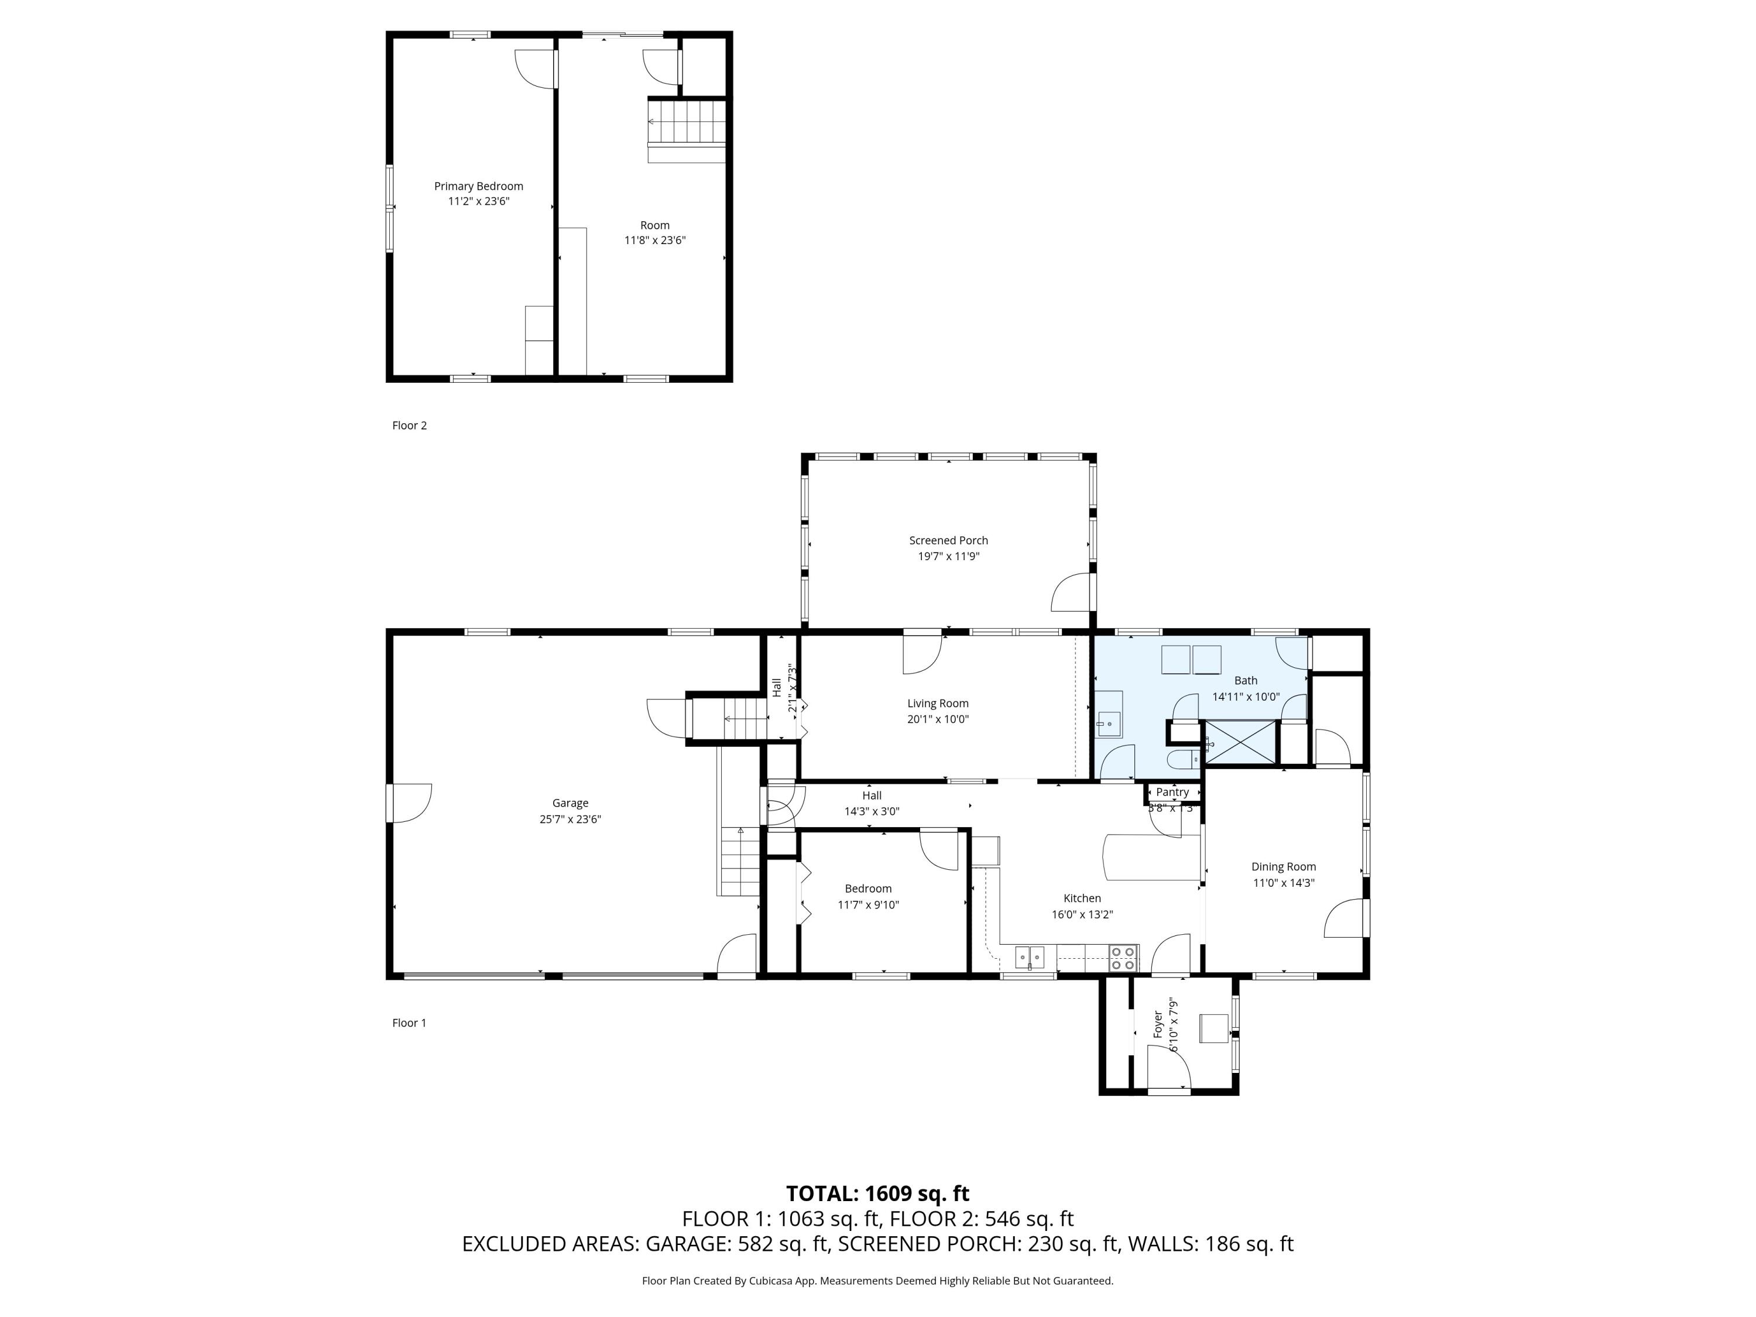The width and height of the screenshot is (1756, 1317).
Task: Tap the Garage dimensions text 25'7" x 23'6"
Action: click(570, 819)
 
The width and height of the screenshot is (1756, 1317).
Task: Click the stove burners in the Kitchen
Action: click(1123, 959)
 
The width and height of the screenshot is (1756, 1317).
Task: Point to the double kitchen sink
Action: click(1030, 958)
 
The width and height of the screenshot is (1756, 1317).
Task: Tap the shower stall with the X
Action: click(1241, 742)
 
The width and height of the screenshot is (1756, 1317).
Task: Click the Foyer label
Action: click(1157, 1024)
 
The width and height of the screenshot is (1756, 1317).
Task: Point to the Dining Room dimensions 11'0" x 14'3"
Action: click(1283, 883)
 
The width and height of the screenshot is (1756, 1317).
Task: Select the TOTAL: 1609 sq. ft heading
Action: click(877, 1193)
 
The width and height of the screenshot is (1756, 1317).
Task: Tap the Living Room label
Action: click(938, 704)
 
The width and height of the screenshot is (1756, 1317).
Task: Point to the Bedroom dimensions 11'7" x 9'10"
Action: click(867, 904)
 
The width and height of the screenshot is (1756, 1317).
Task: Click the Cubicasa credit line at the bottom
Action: click(877, 1281)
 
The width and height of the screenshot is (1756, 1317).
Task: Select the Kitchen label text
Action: click(1082, 898)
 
